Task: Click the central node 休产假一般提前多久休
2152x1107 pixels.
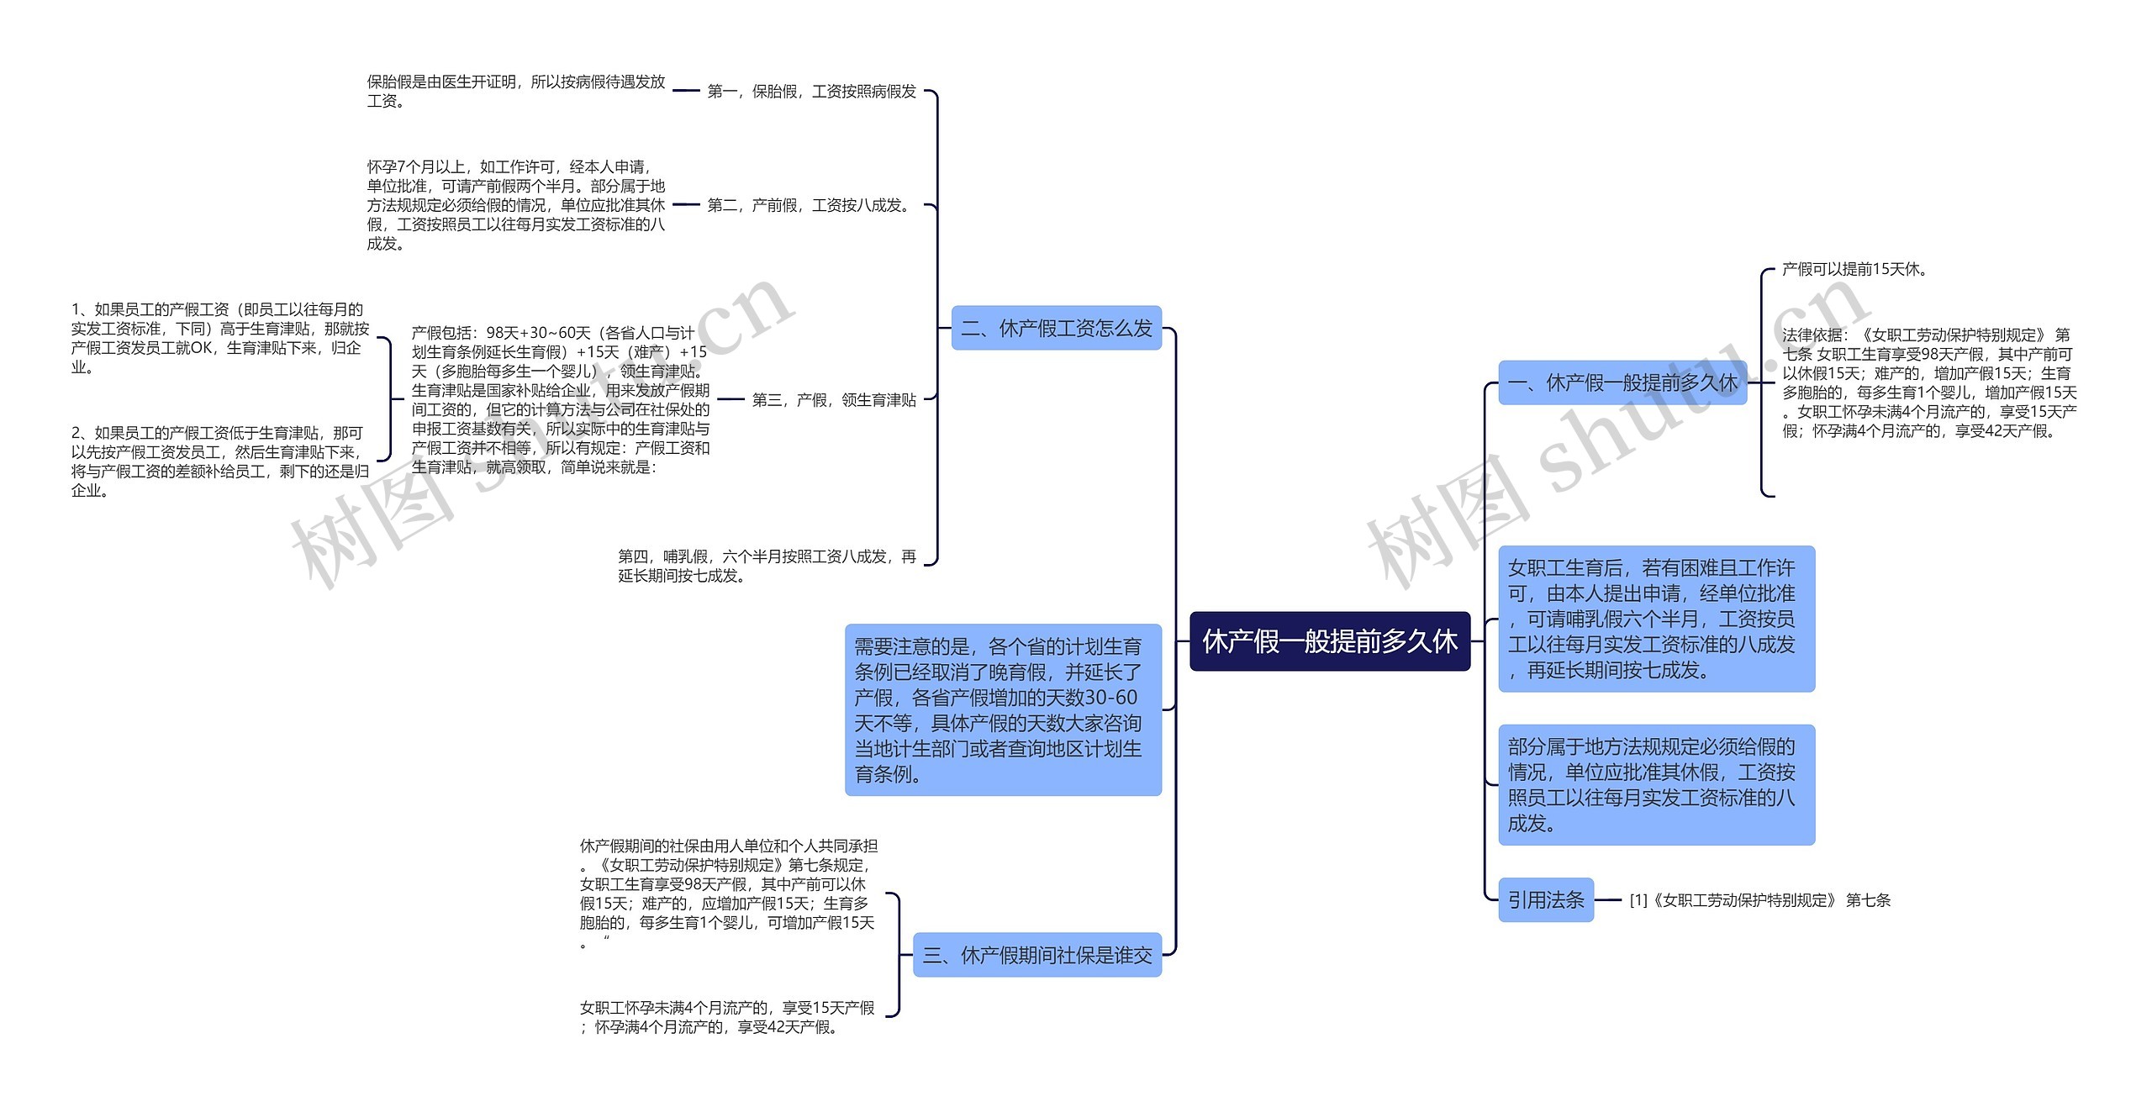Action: pos(1329,641)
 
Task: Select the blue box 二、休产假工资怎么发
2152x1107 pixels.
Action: pos(1056,328)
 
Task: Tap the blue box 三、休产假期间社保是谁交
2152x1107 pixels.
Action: pos(1036,955)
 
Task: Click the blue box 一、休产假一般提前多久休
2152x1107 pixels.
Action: pos(1622,383)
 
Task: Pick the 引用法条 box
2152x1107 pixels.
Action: pos(1545,900)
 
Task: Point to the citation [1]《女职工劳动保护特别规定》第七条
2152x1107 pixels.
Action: pos(1759,900)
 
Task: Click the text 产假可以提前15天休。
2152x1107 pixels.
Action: pos(1854,269)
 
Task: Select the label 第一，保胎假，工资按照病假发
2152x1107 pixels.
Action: pos(811,91)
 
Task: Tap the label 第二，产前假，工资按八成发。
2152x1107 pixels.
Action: pos(810,205)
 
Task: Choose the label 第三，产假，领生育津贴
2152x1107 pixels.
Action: pos(833,400)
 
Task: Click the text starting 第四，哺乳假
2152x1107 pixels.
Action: pos(767,566)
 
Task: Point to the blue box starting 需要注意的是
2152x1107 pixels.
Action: pos(1002,709)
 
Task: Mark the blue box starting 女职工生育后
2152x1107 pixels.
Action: pos(1655,619)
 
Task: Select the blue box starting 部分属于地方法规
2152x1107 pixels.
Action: pos(1655,784)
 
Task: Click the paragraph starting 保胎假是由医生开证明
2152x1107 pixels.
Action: pos(515,91)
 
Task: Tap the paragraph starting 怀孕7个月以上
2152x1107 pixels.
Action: pos(515,205)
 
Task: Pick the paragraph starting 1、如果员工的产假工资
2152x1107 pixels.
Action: pos(219,338)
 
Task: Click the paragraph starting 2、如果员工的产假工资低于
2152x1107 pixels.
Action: pos(219,461)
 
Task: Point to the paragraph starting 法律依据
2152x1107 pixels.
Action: pos(1928,383)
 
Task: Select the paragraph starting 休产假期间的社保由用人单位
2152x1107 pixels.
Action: pos(728,894)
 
